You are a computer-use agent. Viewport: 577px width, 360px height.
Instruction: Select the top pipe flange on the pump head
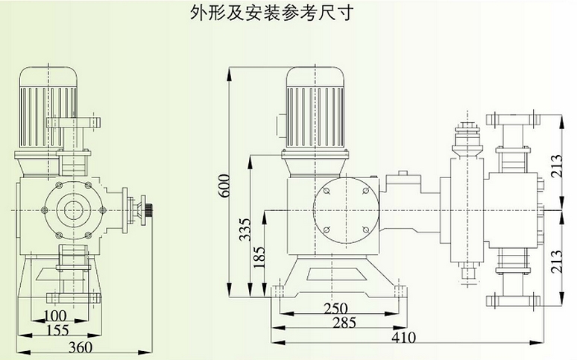[x=513, y=119]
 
